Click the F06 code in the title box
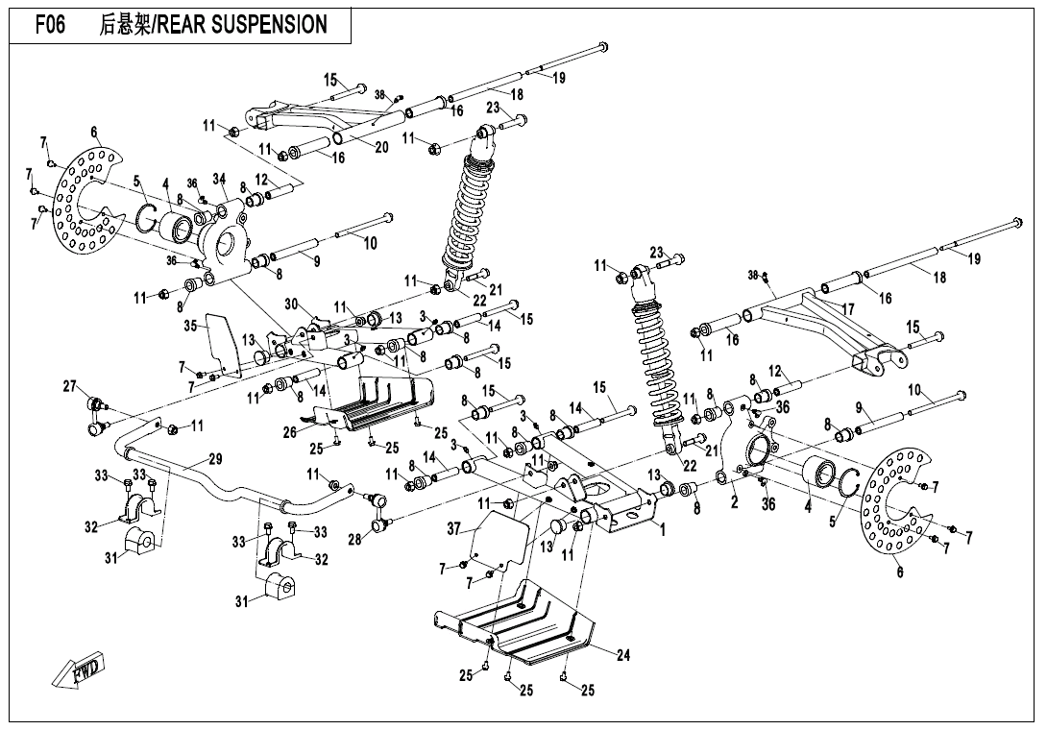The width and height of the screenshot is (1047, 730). (x=50, y=25)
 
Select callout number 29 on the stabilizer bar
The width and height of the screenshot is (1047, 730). (x=215, y=459)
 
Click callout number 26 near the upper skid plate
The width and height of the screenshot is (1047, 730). (x=289, y=432)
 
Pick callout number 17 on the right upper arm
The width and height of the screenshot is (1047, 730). (x=847, y=309)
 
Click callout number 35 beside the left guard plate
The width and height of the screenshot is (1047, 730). (x=190, y=326)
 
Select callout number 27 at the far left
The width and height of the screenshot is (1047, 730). (x=70, y=386)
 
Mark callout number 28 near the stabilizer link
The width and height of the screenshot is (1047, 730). (x=354, y=540)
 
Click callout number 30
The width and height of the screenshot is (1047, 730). (x=292, y=304)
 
